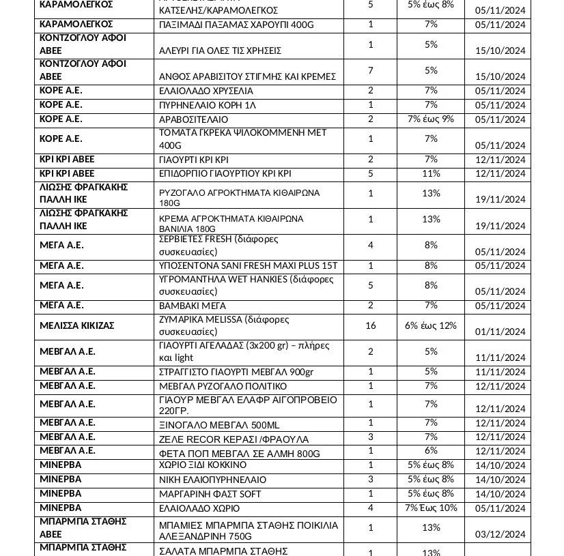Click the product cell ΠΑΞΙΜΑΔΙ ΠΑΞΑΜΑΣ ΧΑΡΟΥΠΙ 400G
(x=236, y=25)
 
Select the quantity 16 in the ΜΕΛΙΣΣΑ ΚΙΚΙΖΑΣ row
(x=371, y=325)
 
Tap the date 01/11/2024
(x=500, y=332)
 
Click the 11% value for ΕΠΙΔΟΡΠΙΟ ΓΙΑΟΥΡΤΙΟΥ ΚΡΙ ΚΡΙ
(x=430, y=173)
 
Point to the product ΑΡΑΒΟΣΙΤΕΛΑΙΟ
(x=193, y=119)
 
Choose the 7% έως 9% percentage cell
(x=430, y=119)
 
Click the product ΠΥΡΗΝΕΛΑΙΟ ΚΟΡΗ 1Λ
(x=208, y=105)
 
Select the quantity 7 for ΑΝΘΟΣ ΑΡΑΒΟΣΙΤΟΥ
(x=371, y=70)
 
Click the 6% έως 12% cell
(x=430, y=325)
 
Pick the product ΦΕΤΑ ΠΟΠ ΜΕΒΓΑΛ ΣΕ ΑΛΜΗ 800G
(x=239, y=454)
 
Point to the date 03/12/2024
(x=500, y=534)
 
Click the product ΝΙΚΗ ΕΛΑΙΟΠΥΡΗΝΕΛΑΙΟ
(x=212, y=480)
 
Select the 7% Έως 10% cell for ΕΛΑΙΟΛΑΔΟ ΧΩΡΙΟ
(x=430, y=508)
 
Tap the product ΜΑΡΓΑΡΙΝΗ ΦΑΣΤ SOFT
(x=210, y=494)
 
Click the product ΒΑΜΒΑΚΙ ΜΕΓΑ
(x=192, y=306)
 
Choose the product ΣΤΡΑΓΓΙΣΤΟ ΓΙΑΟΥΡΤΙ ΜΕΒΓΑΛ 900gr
(x=236, y=372)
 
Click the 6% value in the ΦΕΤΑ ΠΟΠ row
(x=430, y=450)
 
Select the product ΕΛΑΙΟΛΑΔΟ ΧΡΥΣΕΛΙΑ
(x=206, y=91)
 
